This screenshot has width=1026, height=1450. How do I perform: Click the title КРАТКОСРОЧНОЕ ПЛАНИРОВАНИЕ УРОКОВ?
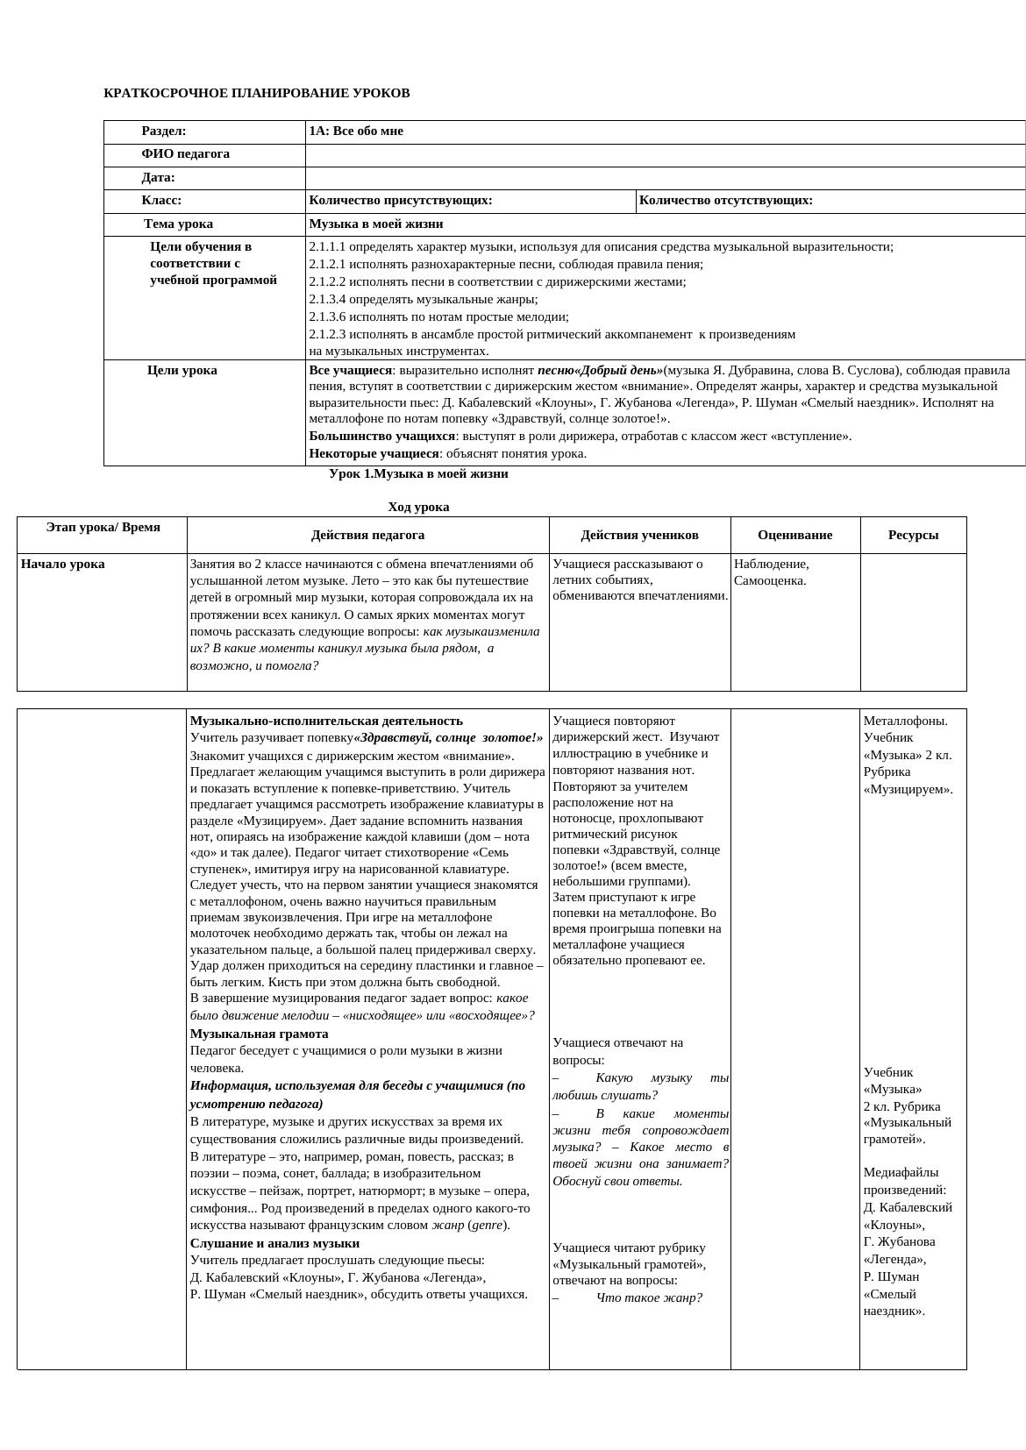(x=256, y=93)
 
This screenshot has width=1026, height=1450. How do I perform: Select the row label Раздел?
(x=164, y=131)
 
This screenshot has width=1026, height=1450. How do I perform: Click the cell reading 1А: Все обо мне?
(x=356, y=131)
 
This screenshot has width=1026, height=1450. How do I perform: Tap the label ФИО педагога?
(x=185, y=154)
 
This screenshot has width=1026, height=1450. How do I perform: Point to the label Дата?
(x=158, y=177)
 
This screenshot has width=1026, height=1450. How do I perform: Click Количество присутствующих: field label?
(x=400, y=201)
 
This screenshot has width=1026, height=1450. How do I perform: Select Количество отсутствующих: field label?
(x=725, y=201)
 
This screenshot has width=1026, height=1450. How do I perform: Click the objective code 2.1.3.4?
(x=327, y=300)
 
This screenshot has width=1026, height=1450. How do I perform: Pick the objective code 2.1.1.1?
(x=327, y=247)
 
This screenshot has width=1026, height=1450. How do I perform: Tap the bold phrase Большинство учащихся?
(x=381, y=437)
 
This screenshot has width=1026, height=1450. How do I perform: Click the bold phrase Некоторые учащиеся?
(x=374, y=454)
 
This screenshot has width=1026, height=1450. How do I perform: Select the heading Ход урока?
(x=418, y=508)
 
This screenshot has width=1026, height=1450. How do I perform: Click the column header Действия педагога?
(x=367, y=536)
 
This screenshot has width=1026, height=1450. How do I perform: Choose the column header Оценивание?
(x=794, y=536)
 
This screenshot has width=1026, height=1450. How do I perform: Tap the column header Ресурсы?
(x=913, y=536)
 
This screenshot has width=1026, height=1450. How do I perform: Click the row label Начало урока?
(x=62, y=565)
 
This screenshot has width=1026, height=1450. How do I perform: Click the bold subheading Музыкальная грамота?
(x=259, y=1034)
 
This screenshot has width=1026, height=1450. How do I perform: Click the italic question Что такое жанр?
(x=649, y=1298)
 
